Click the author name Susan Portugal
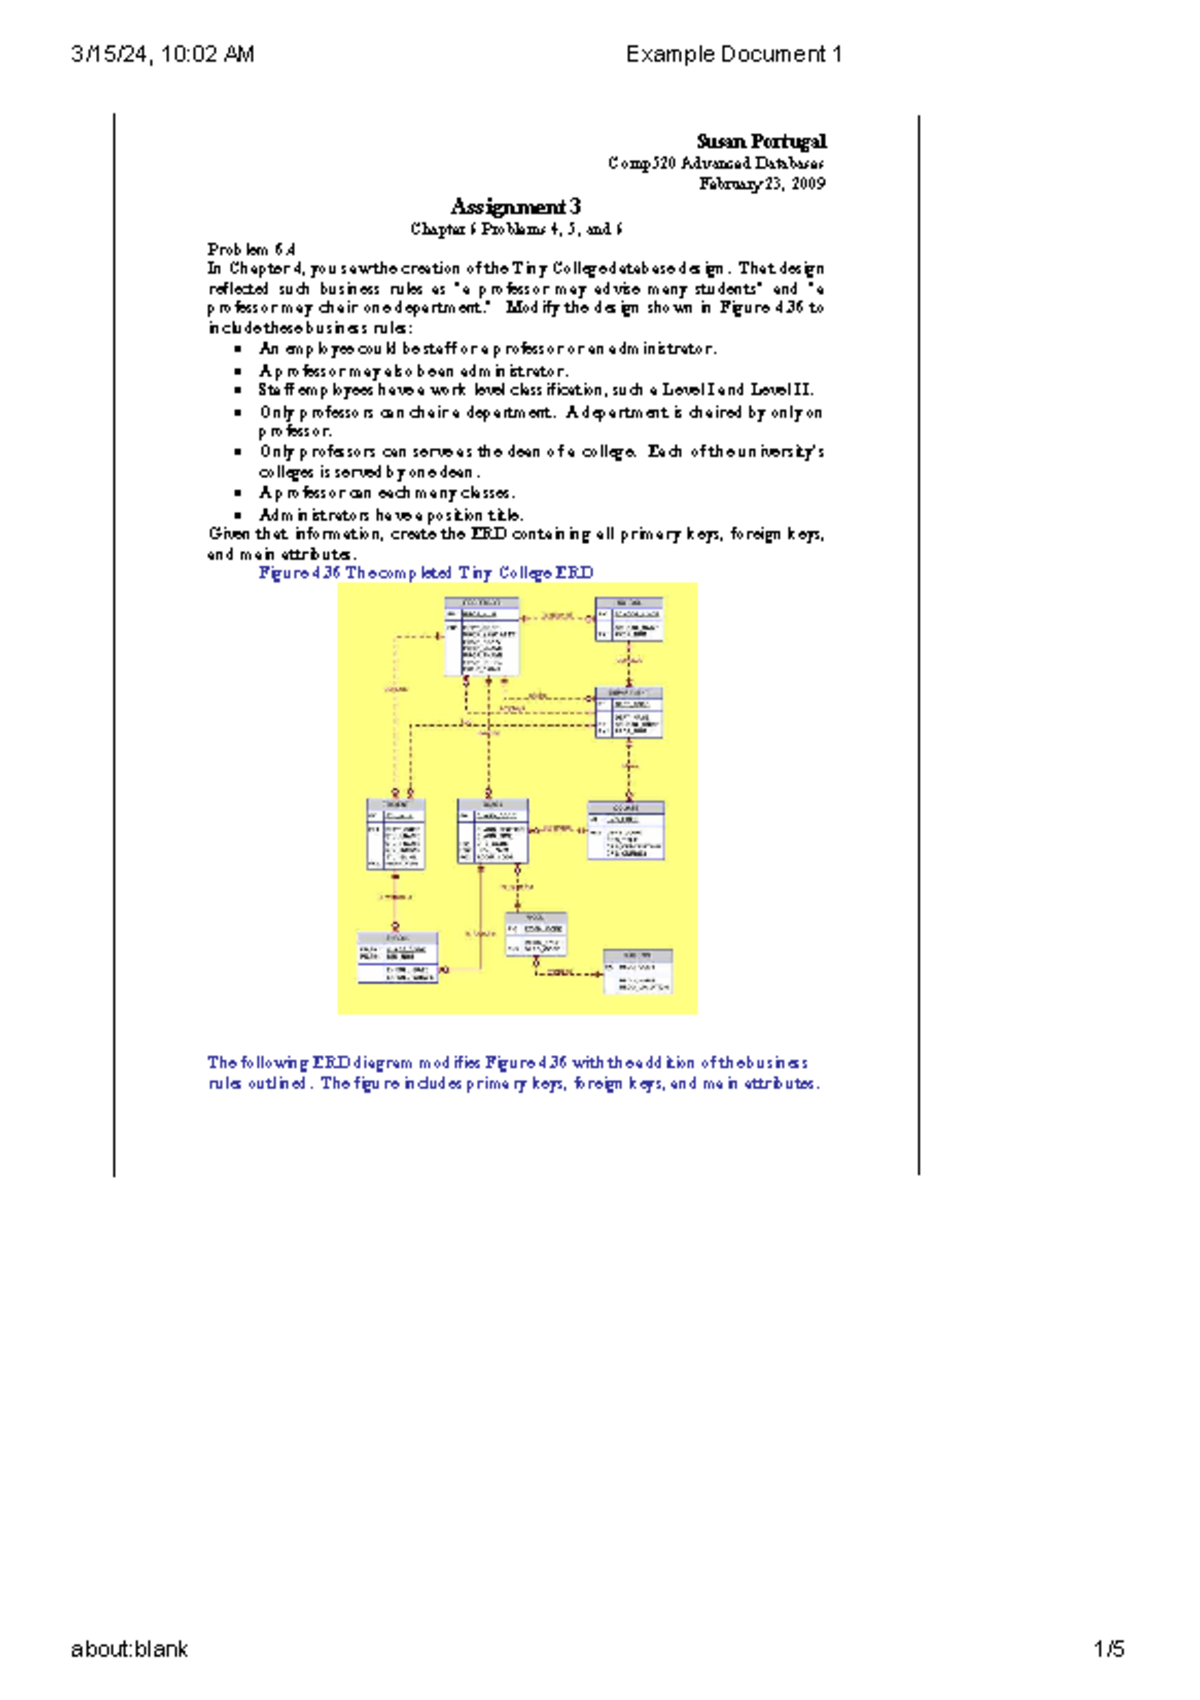click(761, 141)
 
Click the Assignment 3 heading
click(515, 207)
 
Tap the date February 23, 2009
click(762, 184)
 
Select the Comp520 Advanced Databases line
click(716, 163)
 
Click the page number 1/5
click(1109, 1649)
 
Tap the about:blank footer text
click(129, 1649)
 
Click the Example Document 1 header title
click(733, 54)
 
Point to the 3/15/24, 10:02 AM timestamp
click(163, 54)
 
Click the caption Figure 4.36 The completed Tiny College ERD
click(426, 573)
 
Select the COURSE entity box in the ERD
click(625, 830)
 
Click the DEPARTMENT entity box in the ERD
click(628, 712)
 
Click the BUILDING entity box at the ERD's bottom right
click(637, 971)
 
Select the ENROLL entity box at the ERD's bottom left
click(397, 958)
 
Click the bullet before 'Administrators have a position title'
click(238, 515)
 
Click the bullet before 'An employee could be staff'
click(238, 349)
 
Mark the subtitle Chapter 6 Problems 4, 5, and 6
click(516, 229)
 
